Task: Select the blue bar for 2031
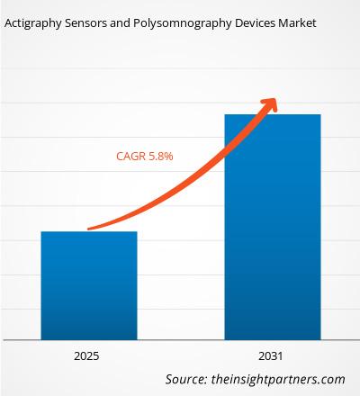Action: pyautogui.click(x=272, y=225)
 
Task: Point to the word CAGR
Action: pyautogui.click(x=130, y=156)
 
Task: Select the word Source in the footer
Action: pyautogui.click(x=189, y=379)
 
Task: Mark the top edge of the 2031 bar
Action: pyautogui.click(x=272, y=114)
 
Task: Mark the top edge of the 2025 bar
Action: pyautogui.click(x=88, y=232)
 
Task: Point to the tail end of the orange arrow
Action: pyautogui.click(x=88, y=229)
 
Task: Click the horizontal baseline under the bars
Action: pyautogui.click(x=180, y=339)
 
